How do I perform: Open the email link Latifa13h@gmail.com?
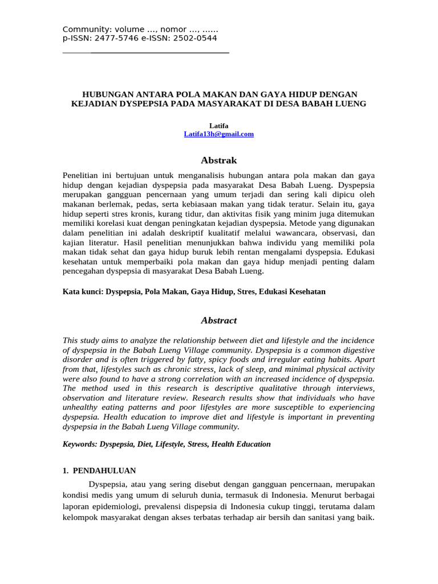click(218, 134)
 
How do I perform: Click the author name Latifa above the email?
click(218, 125)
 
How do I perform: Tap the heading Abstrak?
click(218, 160)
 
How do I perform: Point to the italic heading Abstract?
click(218, 321)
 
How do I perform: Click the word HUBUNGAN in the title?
click(106, 94)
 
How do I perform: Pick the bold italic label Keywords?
click(79, 444)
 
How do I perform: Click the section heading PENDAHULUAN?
click(103, 471)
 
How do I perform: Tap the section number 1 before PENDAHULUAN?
click(64, 471)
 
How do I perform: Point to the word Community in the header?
click(84, 30)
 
